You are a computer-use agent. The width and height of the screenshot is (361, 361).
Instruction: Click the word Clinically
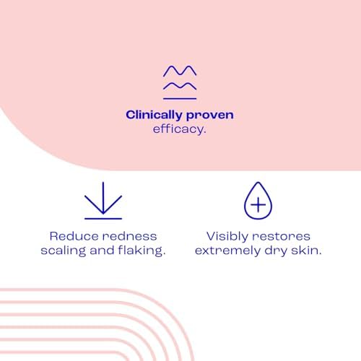pos(154,116)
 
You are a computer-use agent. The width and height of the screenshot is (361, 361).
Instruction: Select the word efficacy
pos(179,129)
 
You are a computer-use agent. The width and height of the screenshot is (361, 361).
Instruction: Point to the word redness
pos(129,236)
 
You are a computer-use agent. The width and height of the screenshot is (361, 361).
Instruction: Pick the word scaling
pos(64,251)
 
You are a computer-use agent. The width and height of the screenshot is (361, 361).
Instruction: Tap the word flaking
pos(142,251)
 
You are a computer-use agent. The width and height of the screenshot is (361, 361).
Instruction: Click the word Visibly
pos(227,237)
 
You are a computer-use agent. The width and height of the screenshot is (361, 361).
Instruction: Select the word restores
pos(281,237)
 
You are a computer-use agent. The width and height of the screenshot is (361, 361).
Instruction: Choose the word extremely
pos(227,251)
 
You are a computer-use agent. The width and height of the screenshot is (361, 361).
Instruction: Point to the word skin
pos(306,251)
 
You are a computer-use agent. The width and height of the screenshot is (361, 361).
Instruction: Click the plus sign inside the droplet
pos(258,205)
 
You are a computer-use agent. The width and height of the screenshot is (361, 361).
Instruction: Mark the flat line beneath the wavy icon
pos(180,99)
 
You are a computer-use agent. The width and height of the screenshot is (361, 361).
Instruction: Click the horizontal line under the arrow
pos(103,219)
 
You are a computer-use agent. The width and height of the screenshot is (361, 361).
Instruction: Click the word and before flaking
pos(102,251)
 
